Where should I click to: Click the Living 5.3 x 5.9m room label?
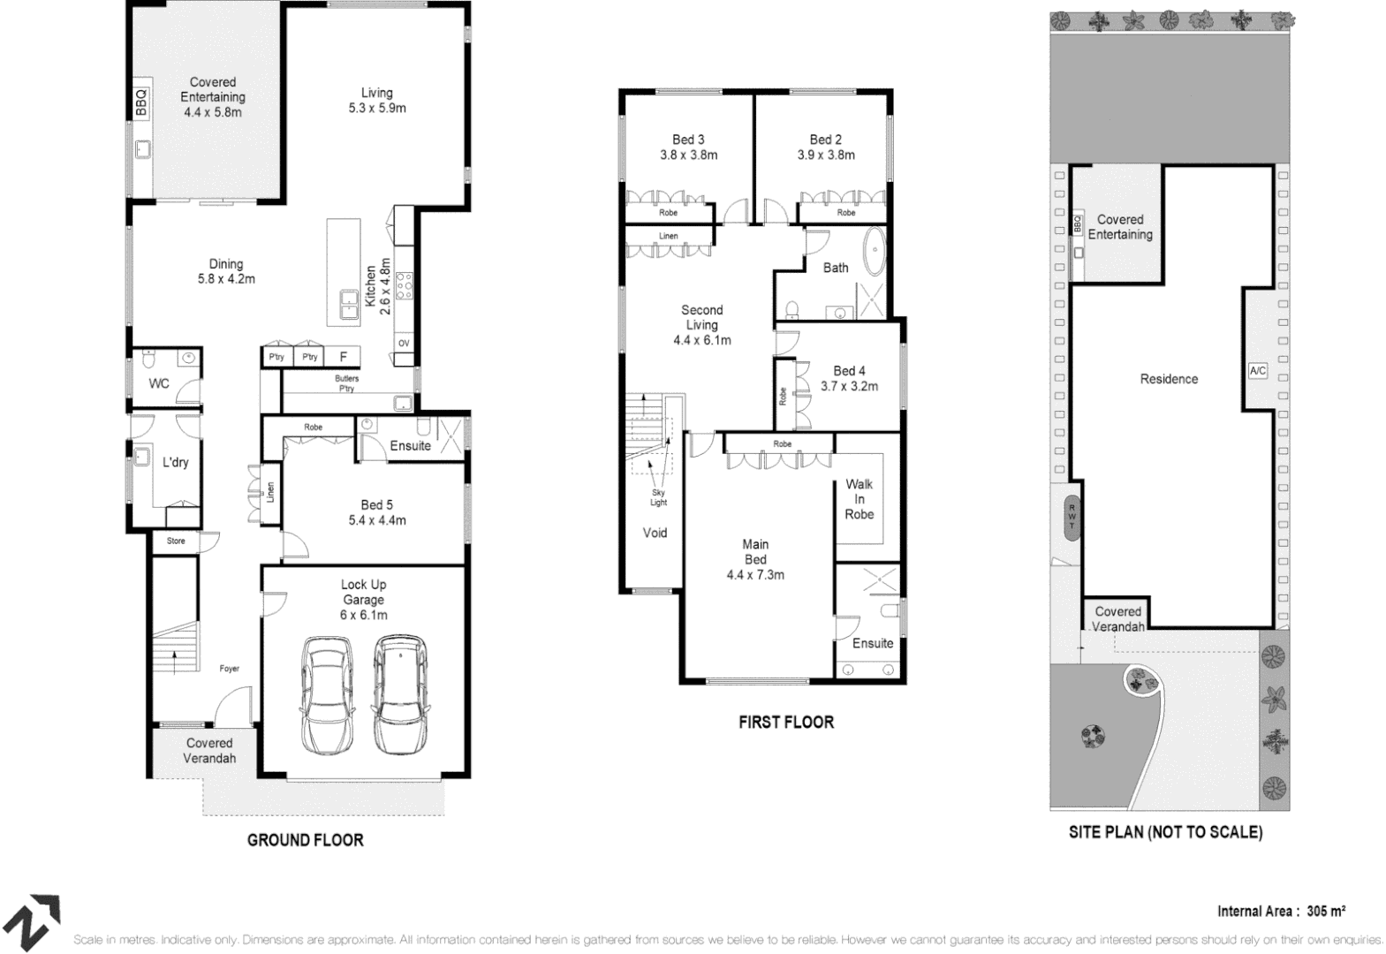click(376, 100)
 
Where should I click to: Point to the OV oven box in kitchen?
click(404, 343)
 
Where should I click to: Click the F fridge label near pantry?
click(344, 357)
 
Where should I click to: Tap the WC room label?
click(159, 383)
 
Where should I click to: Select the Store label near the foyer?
click(176, 541)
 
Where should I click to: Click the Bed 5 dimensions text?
click(376, 520)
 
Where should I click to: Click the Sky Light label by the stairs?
click(659, 497)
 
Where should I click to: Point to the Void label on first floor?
click(655, 533)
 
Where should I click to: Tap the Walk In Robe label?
click(859, 499)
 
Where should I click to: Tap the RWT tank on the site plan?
click(1072, 517)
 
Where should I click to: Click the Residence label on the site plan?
click(1169, 379)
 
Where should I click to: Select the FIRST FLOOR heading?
click(785, 722)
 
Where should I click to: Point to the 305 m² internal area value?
click(1326, 911)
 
